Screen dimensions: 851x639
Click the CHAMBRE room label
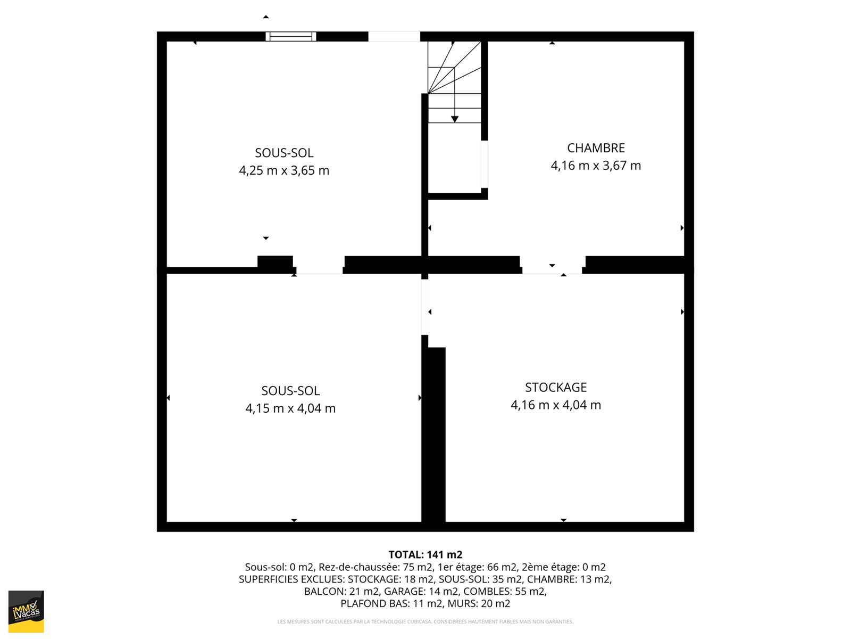596,148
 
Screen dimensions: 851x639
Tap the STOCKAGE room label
556,387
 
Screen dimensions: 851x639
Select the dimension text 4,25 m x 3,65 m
284,170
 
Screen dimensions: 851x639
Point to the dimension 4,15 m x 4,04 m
290,408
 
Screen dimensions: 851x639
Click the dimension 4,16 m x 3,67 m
596,166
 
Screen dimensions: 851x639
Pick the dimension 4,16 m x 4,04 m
556,405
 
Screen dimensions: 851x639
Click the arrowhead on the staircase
455,119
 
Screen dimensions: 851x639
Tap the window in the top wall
291,36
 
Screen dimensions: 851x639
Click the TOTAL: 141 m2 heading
425,554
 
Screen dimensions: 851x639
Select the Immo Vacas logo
26,612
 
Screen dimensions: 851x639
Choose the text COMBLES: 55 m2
505,591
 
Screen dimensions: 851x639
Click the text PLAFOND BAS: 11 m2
391,603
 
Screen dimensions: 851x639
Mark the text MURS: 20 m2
479,603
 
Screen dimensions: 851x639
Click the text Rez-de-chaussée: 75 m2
375,567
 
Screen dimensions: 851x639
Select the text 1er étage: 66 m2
477,567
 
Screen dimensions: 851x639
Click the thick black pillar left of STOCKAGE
433,435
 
